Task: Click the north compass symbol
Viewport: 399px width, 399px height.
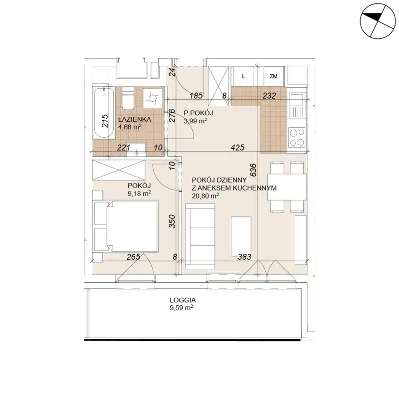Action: [378, 21]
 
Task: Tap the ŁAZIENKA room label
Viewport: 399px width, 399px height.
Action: [134, 119]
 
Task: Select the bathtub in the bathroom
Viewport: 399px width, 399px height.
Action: [103, 113]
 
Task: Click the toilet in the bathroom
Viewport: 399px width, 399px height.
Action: [128, 98]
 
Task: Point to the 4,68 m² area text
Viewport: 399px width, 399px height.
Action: [130, 127]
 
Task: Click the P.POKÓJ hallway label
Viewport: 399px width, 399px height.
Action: [198, 113]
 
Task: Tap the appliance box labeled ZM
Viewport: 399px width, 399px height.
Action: [273, 76]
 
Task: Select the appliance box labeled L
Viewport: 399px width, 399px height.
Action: [243, 76]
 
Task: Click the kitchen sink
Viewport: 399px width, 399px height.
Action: [297, 105]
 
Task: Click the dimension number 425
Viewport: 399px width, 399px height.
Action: [237, 147]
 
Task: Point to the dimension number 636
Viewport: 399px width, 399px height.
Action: [253, 170]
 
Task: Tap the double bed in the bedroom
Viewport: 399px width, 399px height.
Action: [126, 226]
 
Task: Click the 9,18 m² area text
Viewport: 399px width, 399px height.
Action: [139, 194]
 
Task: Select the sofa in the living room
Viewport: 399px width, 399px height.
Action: [200, 236]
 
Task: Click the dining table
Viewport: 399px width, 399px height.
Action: [287, 187]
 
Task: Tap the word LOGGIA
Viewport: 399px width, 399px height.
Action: [183, 300]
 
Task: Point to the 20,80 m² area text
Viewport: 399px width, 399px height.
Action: [205, 196]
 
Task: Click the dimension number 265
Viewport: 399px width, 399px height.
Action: [134, 257]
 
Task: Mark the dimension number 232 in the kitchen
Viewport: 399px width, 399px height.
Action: [269, 95]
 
